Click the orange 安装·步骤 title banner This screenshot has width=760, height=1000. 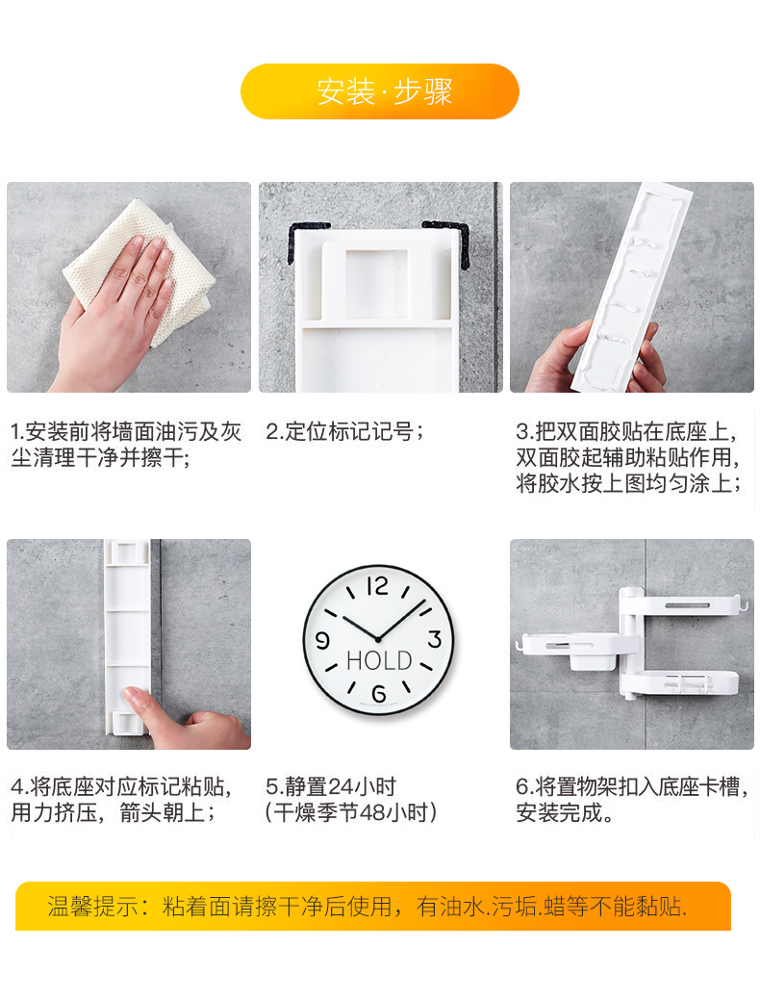pos(379,91)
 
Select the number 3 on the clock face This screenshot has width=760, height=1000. pos(434,640)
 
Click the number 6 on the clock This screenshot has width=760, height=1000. pos(378,694)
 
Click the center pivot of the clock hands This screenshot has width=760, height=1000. pos(378,639)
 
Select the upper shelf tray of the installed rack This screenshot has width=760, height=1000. pos(683,607)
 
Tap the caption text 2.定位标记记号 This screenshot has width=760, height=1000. pos(344,432)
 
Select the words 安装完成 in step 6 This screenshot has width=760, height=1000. pos(558,813)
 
